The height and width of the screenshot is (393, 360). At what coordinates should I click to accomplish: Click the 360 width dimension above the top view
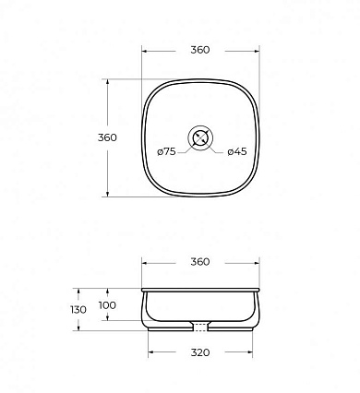[x=200, y=50]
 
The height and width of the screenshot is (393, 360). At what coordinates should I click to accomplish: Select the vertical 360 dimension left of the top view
[x=107, y=137]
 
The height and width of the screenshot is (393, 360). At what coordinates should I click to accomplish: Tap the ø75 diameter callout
[x=166, y=151]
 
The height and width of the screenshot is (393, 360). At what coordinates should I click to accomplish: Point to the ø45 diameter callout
[x=237, y=151]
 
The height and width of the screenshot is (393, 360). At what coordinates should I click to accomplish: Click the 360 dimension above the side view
[x=200, y=262]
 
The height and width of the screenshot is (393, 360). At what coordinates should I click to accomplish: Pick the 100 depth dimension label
[x=107, y=305]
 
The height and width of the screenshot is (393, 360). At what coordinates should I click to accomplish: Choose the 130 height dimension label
[x=78, y=310]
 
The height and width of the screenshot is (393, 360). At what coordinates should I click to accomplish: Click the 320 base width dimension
[x=200, y=352]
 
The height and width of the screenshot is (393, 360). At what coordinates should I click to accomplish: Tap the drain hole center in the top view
[x=200, y=137]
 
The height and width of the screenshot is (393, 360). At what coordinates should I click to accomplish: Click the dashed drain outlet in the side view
[x=200, y=327]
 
